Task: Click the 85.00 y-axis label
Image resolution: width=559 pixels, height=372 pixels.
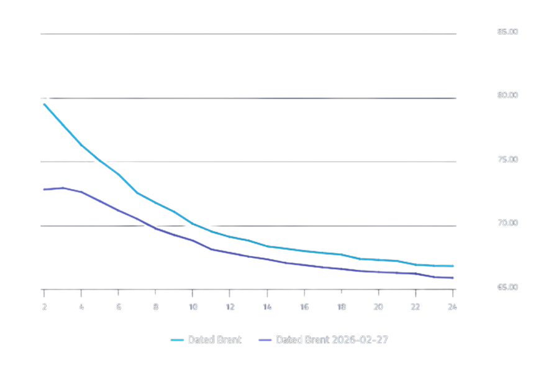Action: click(x=507, y=32)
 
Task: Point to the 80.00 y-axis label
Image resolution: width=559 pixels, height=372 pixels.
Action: click(x=507, y=95)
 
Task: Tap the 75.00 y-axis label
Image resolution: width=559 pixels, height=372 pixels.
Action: click(x=507, y=159)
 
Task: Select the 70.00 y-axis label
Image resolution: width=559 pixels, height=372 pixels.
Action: click(x=507, y=223)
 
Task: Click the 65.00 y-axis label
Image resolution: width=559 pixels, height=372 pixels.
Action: click(x=507, y=288)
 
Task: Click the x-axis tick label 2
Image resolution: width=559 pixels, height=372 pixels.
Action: click(x=45, y=307)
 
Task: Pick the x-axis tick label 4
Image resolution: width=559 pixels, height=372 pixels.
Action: click(x=82, y=307)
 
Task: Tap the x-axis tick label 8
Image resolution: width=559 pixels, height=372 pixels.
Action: click(x=156, y=307)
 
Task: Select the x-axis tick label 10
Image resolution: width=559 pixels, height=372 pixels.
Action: click(x=193, y=307)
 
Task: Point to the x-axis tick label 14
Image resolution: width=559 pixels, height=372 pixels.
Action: click(x=267, y=307)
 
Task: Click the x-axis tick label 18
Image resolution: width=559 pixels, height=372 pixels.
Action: click(x=341, y=307)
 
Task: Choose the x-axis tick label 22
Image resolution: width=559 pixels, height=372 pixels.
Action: click(x=416, y=307)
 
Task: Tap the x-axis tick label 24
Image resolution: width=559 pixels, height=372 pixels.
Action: click(x=452, y=307)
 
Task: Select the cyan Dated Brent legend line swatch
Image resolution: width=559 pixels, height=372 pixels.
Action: click(x=177, y=340)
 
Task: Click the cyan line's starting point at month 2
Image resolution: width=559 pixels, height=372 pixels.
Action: click(x=43, y=104)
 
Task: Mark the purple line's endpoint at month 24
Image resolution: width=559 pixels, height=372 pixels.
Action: click(x=453, y=278)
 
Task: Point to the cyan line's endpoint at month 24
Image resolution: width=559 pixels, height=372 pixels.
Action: click(x=453, y=266)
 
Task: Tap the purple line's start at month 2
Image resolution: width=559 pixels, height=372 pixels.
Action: click(x=43, y=190)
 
